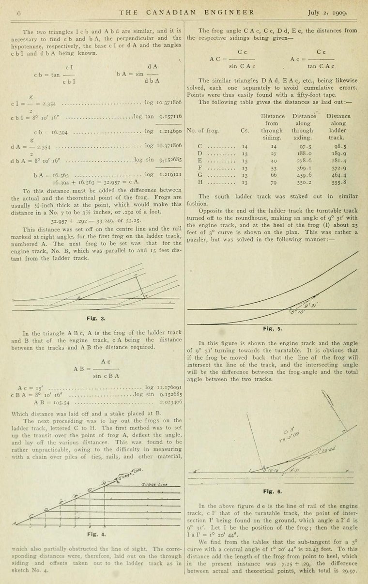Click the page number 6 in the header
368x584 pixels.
click(19, 14)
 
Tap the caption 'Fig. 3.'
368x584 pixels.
click(96, 318)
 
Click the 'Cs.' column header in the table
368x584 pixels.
click(245, 130)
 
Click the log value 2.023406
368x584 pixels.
click(170, 402)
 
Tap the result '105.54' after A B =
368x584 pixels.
click(61, 402)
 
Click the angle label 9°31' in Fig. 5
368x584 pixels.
click(311, 306)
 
